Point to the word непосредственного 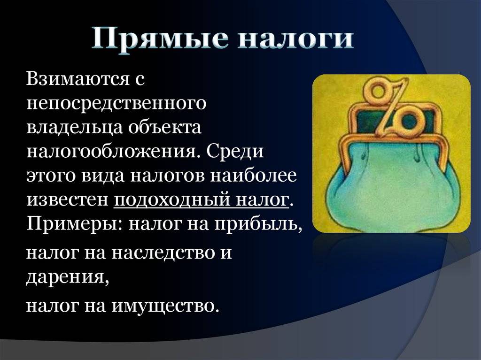click(x=116, y=103)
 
